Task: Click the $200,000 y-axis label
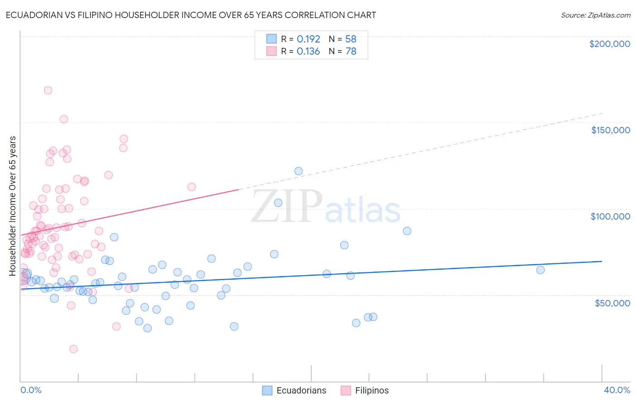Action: coord(609,44)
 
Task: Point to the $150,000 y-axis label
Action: coord(610,130)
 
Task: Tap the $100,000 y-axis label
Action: coord(610,216)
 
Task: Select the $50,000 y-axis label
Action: coord(612,303)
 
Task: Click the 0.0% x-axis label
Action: coord(31,390)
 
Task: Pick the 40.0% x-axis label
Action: coord(617,390)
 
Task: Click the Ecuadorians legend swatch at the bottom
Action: coord(267,390)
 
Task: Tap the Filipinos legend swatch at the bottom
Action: coord(346,390)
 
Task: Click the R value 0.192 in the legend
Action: coord(308,39)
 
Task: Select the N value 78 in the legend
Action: coord(351,52)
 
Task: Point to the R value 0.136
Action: coord(308,52)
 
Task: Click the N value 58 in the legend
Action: coord(351,39)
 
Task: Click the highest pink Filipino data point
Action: coord(48,90)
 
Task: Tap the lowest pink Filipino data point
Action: coord(73,349)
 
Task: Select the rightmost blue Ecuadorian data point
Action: coord(540,270)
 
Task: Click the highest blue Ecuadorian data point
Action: coord(299,171)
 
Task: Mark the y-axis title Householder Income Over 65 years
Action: coord(13,206)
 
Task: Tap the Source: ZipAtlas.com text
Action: coord(595,15)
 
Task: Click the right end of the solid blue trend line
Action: coord(602,261)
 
